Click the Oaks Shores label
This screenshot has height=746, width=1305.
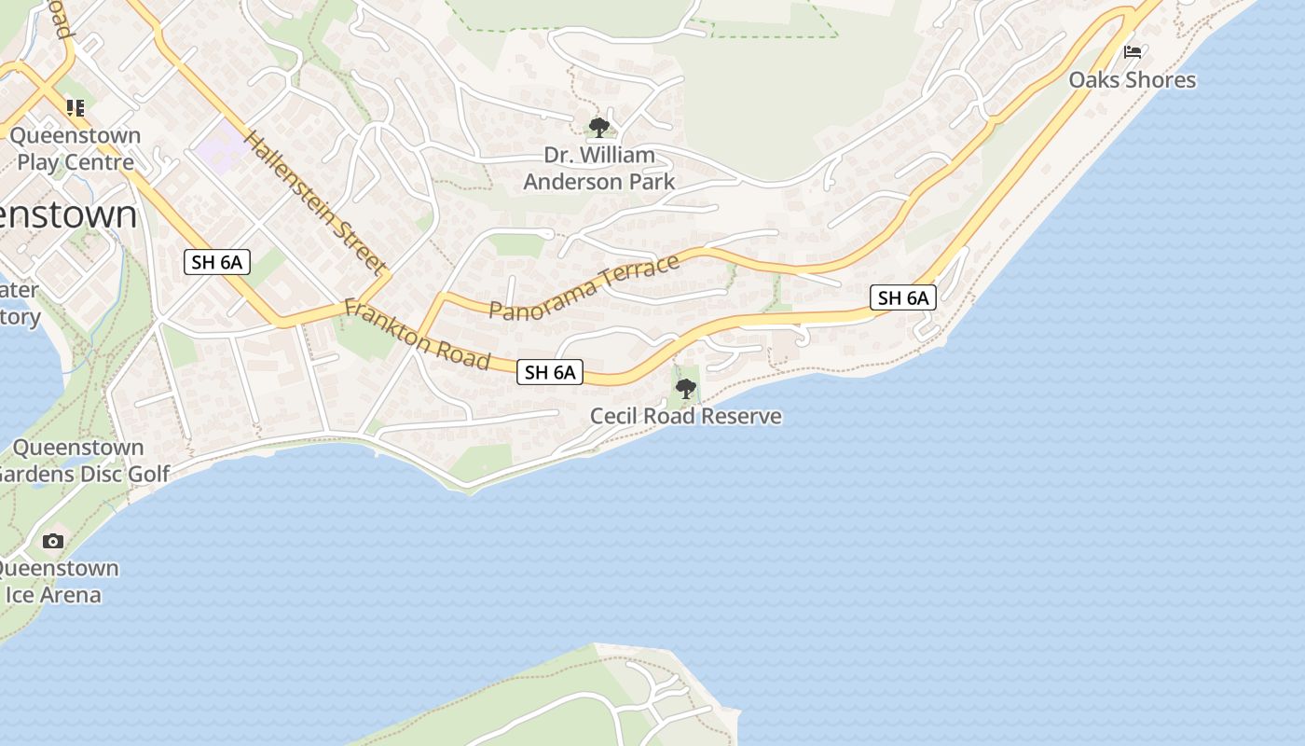pyautogui.click(x=1132, y=80)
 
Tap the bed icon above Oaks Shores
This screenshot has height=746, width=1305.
pyautogui.click(x=1133, y=52)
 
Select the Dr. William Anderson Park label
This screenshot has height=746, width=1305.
pyautogui.click(x=598, y=169)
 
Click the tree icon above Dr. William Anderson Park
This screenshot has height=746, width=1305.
pyautogui.click(x=599, y=127)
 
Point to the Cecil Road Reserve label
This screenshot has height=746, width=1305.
pyautogui.click(x=686, y=416)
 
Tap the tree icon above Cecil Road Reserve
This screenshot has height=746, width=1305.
pyautogui.click(x=686, y=388)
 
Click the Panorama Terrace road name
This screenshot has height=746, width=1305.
pyautogui.click(x=584, y=288)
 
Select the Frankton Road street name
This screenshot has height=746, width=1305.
pyautogui.click(x=417, y=334)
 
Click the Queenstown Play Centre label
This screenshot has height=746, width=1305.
pyautogui.click(x=76, y=149)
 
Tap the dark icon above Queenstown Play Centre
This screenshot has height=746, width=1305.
pyautogui.click(x=76, y=108)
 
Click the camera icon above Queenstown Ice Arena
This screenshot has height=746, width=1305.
pyautogui.click(x=53, y=541)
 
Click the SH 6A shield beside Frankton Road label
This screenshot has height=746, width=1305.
pyautogui.click(x=550, y=373)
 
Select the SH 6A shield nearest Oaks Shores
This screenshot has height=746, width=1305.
pyautogui.click(x=903, y=298)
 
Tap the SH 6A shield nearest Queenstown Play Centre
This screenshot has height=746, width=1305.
pyautogui.click(x=216, y=262)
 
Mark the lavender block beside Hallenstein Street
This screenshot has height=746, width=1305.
pyautogui.click(x=223, y=145)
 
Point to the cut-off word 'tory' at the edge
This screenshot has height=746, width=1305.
pyautogui.click(x=20, y=317)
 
